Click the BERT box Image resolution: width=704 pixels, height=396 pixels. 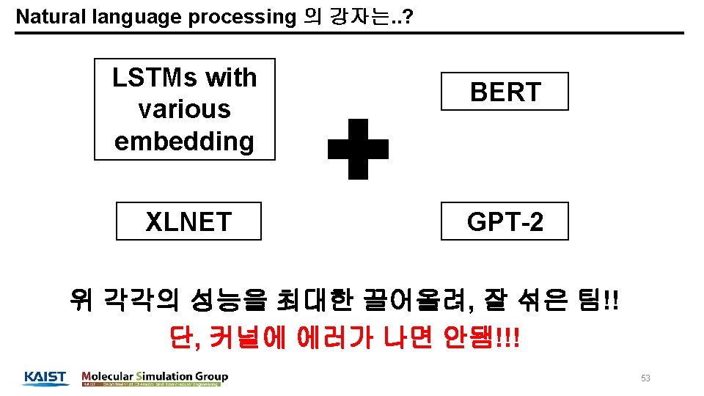pyautogui.click(x=505, y=92)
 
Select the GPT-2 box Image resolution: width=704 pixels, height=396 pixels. pyautogui.click(x=505, y=221)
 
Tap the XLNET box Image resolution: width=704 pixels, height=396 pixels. pyautogui.click(x=188, y=221)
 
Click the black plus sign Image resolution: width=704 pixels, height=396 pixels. pyautogui.click(x=358, y=150)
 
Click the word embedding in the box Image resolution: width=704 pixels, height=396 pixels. pyautogui.click(x=184, y=140)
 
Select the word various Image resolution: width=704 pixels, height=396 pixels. pyautogui.click(x=184, y=109)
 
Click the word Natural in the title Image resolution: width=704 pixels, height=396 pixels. pyautogui.click(x=45, y=17)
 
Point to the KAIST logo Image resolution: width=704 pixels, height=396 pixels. pyautogui.click(x=45, y=378)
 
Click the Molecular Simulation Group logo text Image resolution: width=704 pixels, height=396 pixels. pyautogui.click(x=155, y=376)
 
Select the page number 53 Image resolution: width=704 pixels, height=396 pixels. pyautogui.click(x=645, y=378)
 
